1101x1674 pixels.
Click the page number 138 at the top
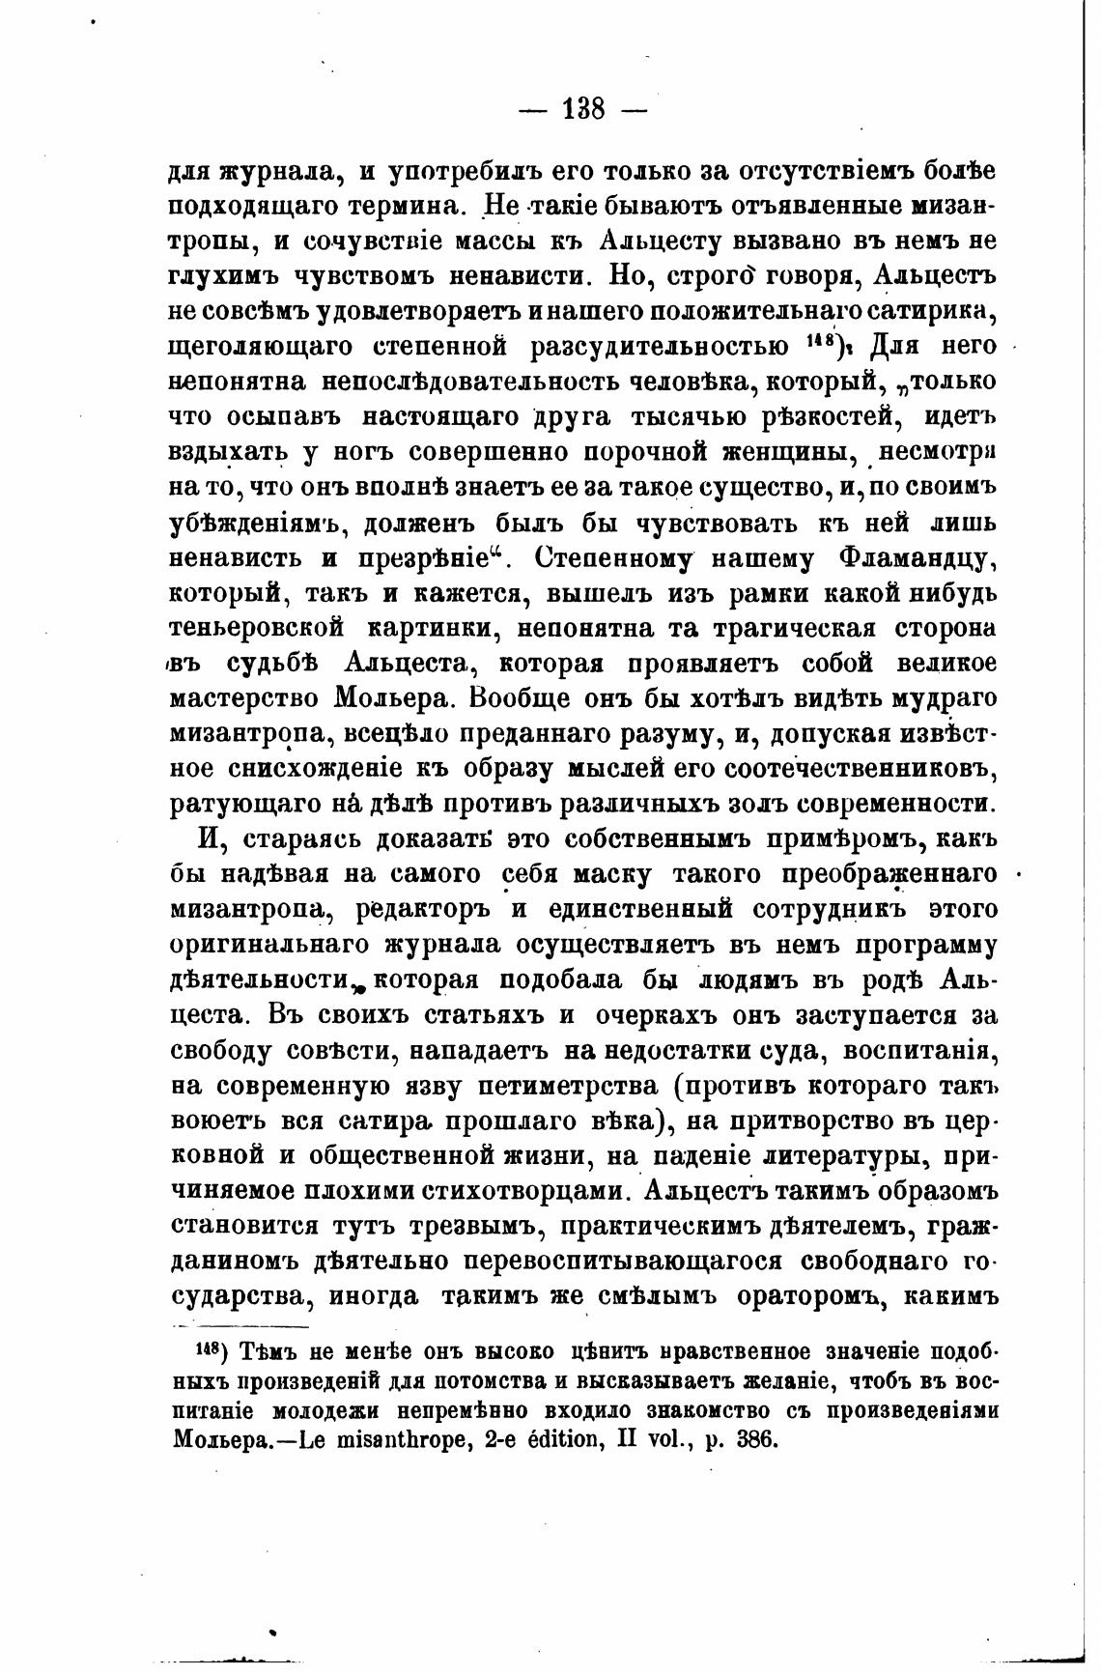582,109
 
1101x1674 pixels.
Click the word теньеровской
256,628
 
